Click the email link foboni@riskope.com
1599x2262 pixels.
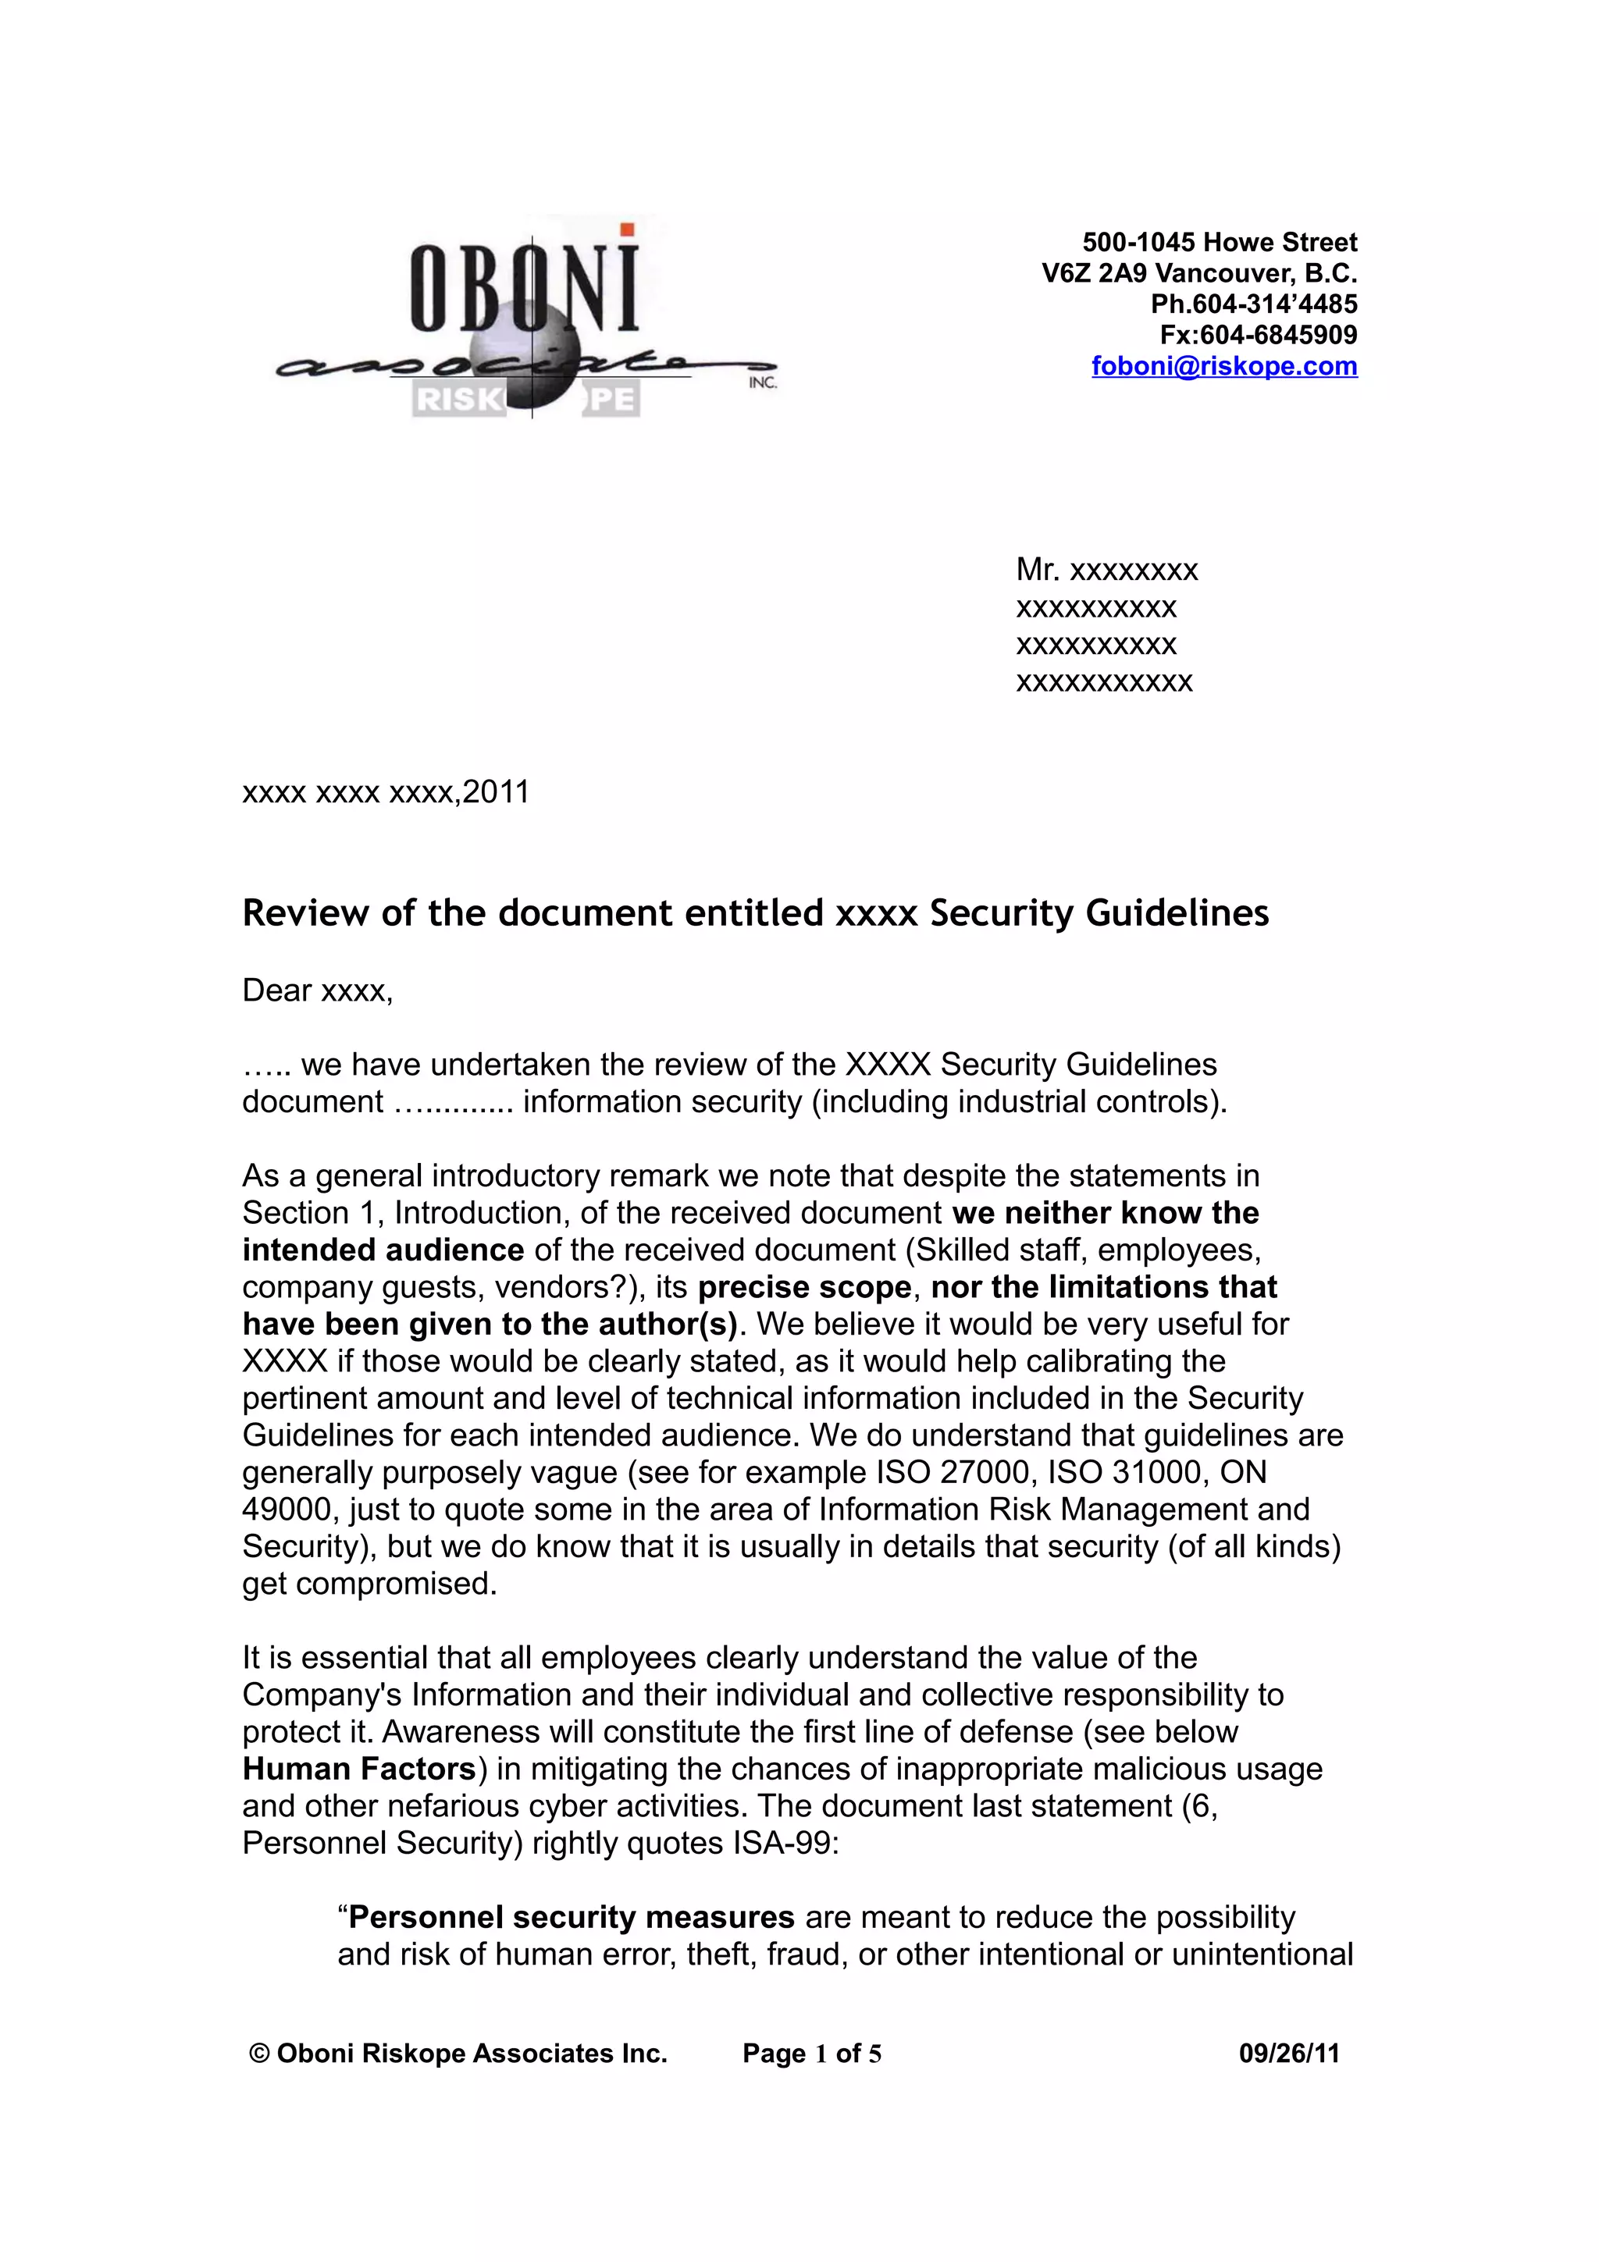coord(1223,367)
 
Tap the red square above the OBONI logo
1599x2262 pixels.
coord(627,229)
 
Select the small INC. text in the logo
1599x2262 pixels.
coord(763,383)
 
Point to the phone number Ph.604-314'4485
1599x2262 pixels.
coord(1253,304)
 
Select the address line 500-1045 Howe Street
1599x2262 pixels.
coord(1219,242)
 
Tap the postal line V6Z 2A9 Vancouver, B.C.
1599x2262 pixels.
coord(1199,273)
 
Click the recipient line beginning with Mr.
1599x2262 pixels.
coord(1106,570)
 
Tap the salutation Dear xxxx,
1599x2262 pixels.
coord(317,991)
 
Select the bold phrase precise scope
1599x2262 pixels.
coord(804,1286)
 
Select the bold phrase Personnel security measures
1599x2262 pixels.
coord(572,1917)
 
